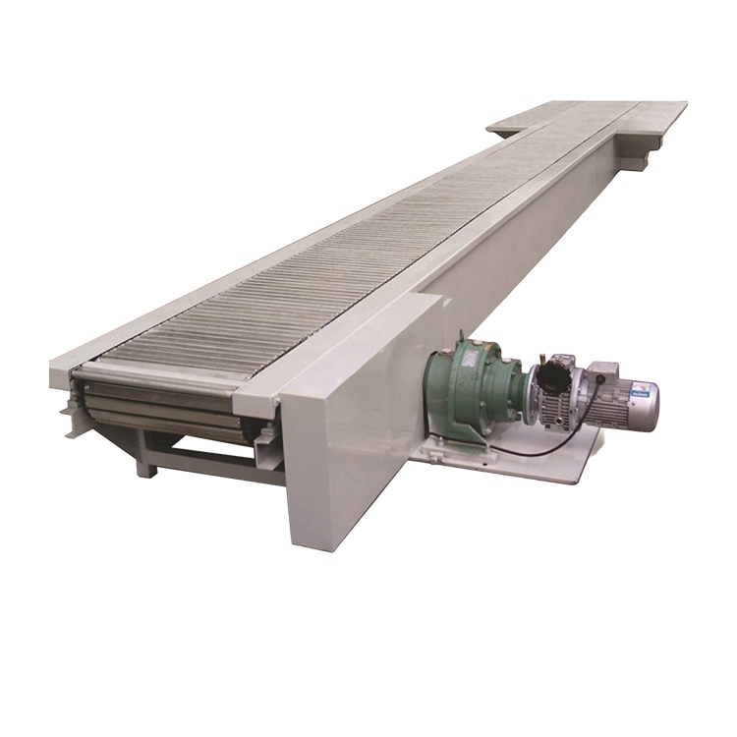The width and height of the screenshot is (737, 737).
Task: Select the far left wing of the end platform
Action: [x=511, y=126]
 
